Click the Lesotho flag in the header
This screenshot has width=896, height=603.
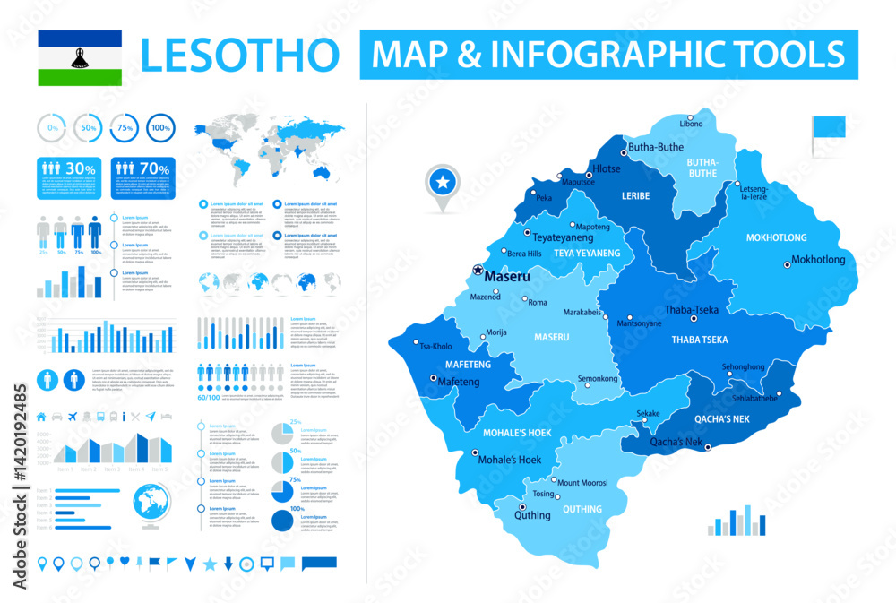[80, 58]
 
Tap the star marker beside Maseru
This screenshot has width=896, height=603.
[478, 270]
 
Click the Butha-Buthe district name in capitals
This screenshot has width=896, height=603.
[702, 168]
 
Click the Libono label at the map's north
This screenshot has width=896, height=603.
[691, 123]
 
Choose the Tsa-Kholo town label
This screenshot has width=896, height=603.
[436, 347]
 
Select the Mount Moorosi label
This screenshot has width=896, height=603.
[582, 483]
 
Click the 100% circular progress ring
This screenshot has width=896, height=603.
[160, 129]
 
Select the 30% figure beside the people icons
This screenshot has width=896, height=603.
[81, 168]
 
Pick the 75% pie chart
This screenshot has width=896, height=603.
[284, 492]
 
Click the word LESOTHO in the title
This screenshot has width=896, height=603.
[241, 56]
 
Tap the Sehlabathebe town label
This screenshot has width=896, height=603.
[754, 398]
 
